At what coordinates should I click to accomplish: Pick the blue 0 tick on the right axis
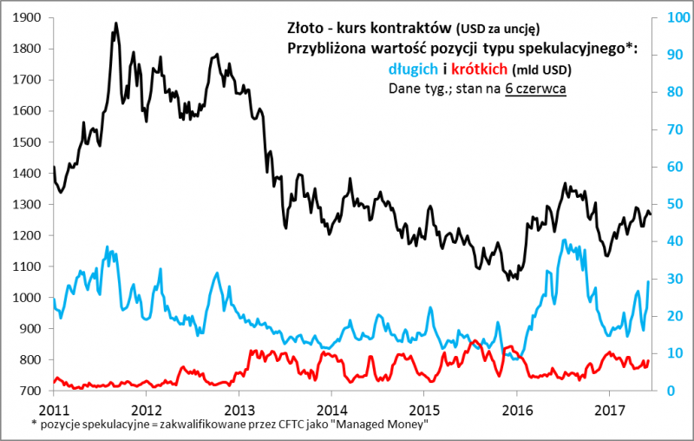tap(669, 392)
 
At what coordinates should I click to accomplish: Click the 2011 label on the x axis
tap(54, 409)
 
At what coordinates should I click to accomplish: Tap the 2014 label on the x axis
tap(331, 409)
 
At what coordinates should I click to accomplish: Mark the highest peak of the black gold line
tap(116, 23)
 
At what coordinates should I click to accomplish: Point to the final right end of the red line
tap(648, 361)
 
